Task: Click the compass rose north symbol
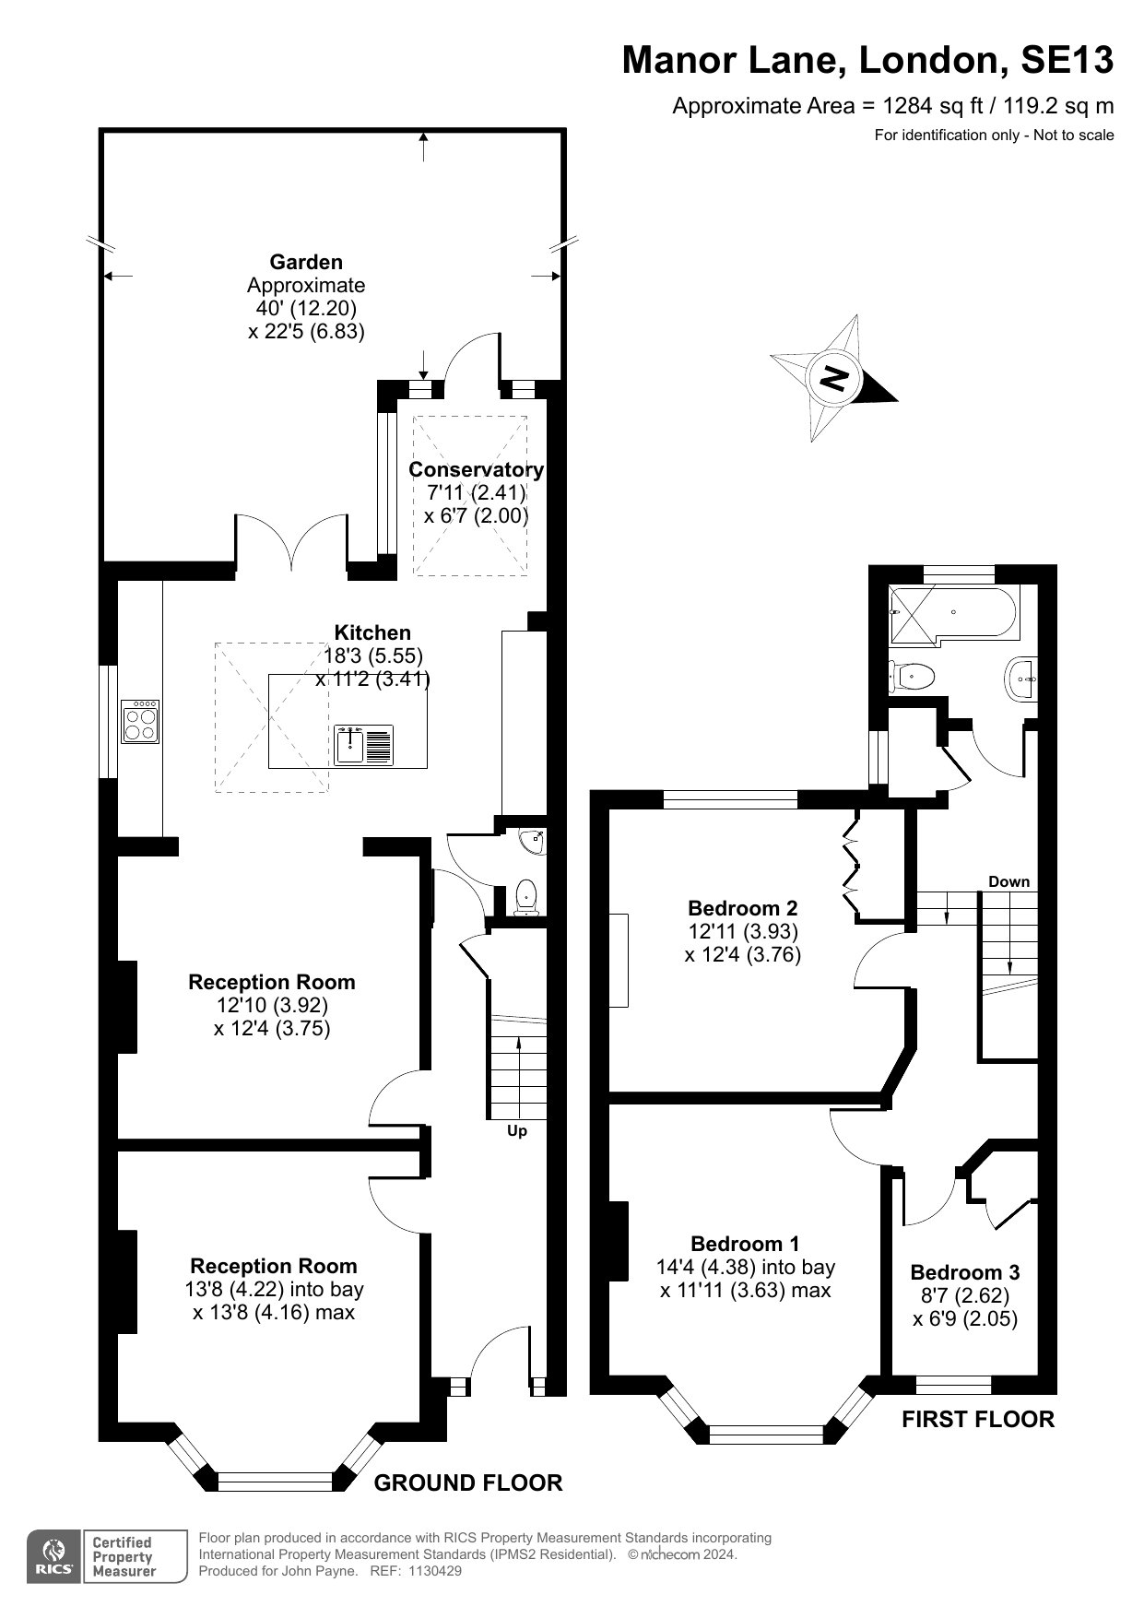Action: pyautogui.click(x=833, y=378)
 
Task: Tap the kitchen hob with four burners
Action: pyautogui.click(x=140, y=722)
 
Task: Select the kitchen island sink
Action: pyautogui.click(x=365, y=745)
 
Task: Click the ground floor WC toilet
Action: pyautogui.click(x=526, y=896)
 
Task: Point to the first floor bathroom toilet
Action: pyautogui.click(x=913, y=676)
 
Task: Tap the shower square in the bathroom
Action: pyautogui.click(x=910, y=613)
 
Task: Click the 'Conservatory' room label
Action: pyautogui.click(x=476, y=469)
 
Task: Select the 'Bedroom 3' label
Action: pyautogui.click(x=965, y=1272)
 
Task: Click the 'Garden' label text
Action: pyautogui.click(x=306, y=262)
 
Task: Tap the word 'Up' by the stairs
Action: pyautogui.click(x=517, y=1130)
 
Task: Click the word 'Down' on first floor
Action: pyautogui.click(x=1009, y=881)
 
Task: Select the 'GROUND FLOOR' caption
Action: pyautogui.click(x=468, y=1482)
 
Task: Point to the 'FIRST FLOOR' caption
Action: pyautogui.click(x=978, y=1419)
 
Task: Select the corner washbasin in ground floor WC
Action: pyautogui.click(x=533, y=841)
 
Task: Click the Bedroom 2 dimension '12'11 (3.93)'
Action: pyautogui.click(x=743, y=931)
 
